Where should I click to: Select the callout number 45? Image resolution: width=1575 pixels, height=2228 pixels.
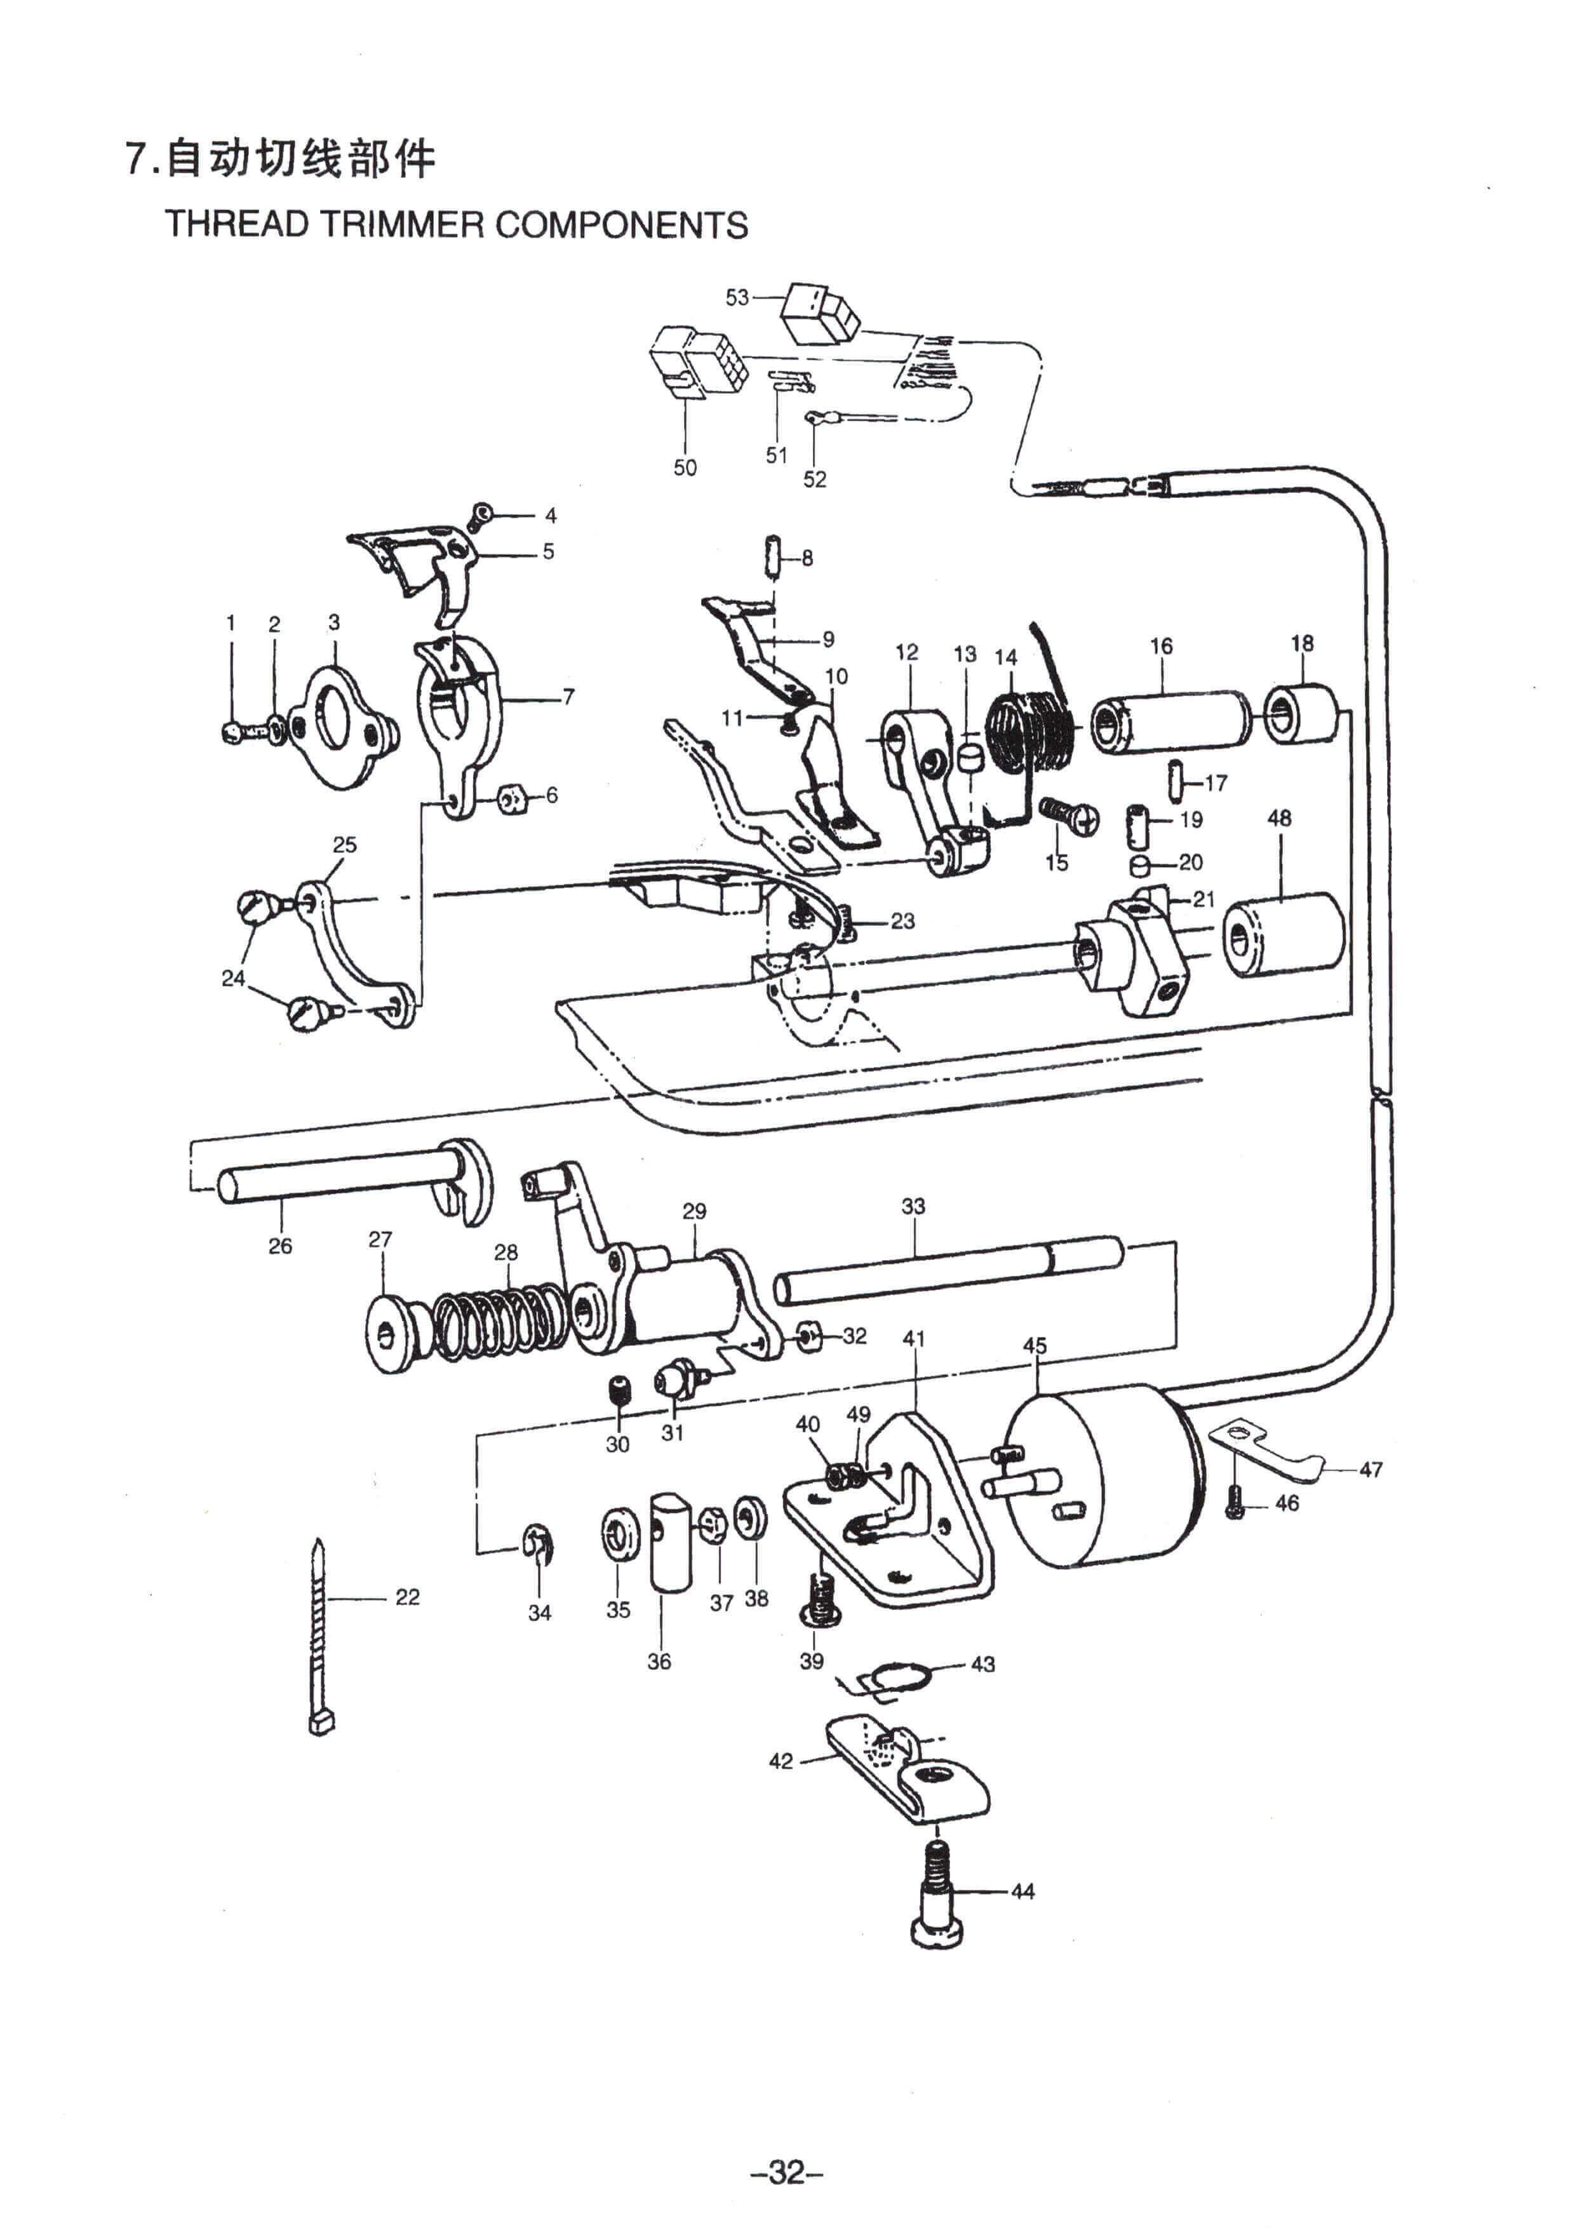(x=1035, y=1346)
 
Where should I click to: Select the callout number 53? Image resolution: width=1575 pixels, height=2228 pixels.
(x=737, y=297)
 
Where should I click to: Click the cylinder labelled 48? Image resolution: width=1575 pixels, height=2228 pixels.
(x=1283, y=934)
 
